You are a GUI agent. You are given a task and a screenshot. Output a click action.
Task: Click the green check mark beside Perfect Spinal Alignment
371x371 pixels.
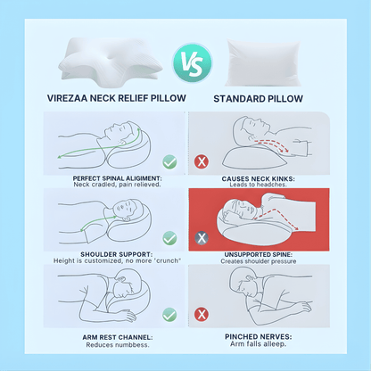(x=170, y=162)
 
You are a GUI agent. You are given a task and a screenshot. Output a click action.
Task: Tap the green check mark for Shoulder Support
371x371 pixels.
(x=170, y=238)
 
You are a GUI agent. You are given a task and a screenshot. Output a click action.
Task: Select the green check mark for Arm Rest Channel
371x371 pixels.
(x=170, y=314)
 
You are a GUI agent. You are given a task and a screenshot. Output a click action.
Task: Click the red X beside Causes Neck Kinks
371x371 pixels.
(x=202, y=162)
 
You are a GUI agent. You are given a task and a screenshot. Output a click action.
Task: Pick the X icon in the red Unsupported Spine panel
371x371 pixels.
(x=202, y=238)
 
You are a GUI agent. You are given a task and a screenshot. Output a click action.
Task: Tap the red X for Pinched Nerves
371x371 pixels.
(x=202, y=314)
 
